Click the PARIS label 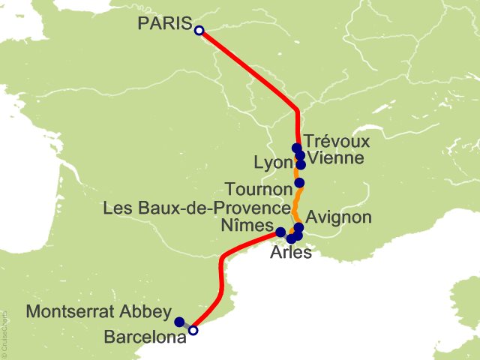click(x=164, y=24)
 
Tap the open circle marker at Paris click(x=199, y=31)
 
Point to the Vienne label click(x=336, y=158)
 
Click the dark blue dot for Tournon click(x=300, y=183)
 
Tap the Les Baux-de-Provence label click(x=197, y=208)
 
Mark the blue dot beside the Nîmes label click(x=280, y=232)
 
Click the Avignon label click(x=339, y=217)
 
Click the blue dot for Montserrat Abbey click(x=179, y=322)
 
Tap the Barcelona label click(x=145, y=338)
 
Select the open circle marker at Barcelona click(x=193, y=330)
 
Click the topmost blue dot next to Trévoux click(x=297, y=148)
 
